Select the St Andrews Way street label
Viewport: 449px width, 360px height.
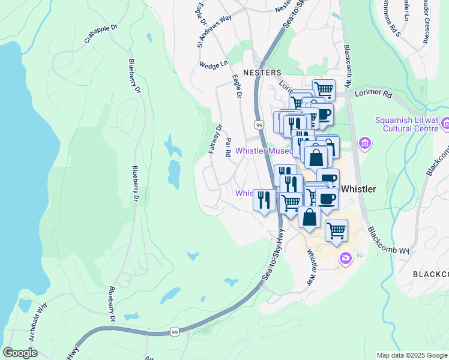pyautogui.click(x=206, y=31)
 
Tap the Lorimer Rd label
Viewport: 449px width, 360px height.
pyautogui.click(x=373, y=95)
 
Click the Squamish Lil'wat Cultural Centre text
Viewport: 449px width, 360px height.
pyautogui.click(x=406, y=124)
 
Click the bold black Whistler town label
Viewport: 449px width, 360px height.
pyautogui.click(x=358, y=189)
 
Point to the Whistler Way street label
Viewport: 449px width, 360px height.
pyautogui.click(x=312, y=261)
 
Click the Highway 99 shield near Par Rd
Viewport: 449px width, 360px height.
pyautogui.click(x=259, y=125)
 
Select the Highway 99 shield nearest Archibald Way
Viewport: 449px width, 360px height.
pyautogui.click(x=175, y=332)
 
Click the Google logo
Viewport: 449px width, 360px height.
pyautogui.click(x=20, y=353)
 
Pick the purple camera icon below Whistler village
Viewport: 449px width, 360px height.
pyautogui.click(x=346, y=259)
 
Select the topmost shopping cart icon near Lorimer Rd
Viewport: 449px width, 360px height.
pyautogui.click(x=324, y=89)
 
